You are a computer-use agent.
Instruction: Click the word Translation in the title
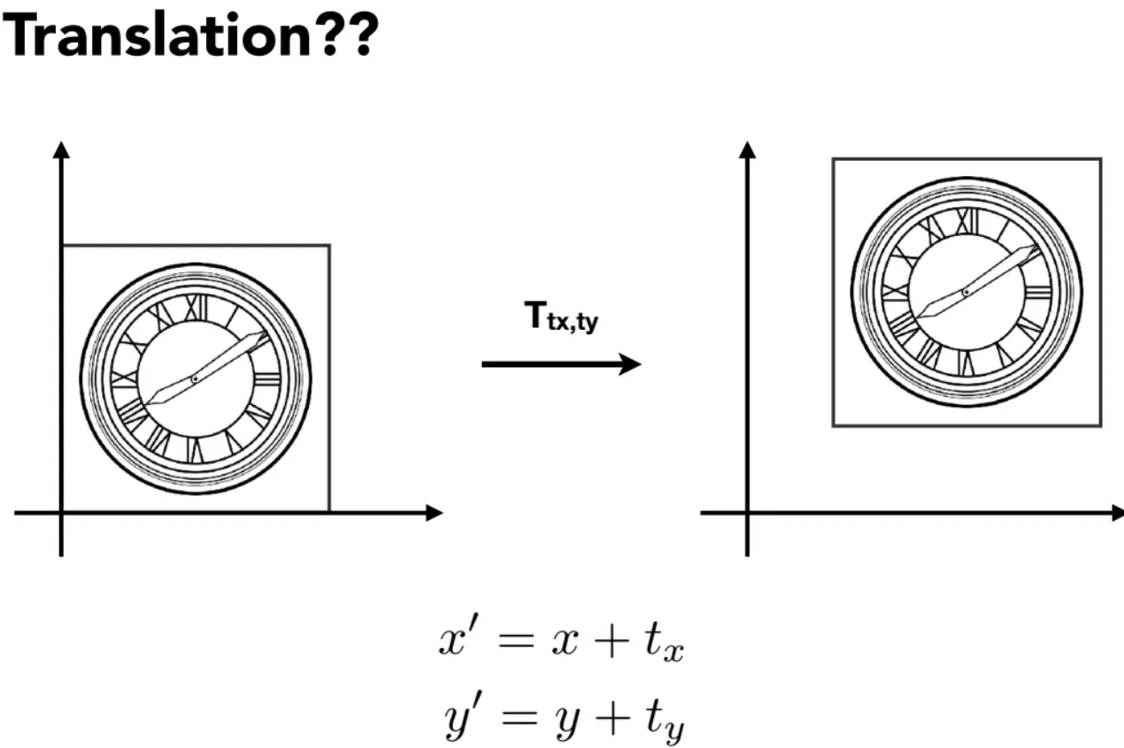[158, 35]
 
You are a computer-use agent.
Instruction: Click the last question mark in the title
[361, 34]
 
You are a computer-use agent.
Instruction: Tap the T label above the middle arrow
[561, 317]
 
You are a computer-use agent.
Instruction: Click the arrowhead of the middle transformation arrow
[630, 364]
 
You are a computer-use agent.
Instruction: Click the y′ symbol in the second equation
[462, 715]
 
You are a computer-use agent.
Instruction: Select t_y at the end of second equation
[665, 720]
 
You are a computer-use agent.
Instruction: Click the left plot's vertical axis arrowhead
[61, 150]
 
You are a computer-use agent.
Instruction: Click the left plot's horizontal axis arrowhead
[434, 513]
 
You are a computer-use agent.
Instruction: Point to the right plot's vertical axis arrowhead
[747, 150]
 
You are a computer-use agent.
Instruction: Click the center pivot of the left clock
[195, 379]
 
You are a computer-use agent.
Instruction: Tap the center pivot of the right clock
[966, 293]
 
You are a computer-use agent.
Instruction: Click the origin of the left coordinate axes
[61, 513]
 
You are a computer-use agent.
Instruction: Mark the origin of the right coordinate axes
[747, 513]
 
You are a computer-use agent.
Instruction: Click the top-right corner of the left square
[329, 246]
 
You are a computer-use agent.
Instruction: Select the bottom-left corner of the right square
[833, 426]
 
